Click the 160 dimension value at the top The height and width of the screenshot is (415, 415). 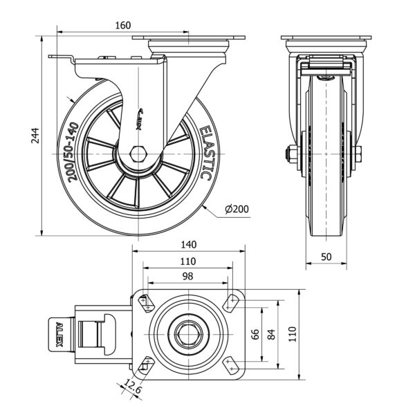click(123, 26)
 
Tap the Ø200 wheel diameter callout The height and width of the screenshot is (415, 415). click(237, 208)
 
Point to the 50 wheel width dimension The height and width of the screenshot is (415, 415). click(326, 256)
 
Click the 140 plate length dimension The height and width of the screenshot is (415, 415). click(188, 244)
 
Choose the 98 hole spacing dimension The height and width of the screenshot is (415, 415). click(188, 276)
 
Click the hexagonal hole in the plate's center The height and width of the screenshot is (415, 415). click(187, 334)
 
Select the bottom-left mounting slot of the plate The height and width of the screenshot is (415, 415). click(146, 367)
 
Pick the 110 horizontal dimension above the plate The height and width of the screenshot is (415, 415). click(188, 261)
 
